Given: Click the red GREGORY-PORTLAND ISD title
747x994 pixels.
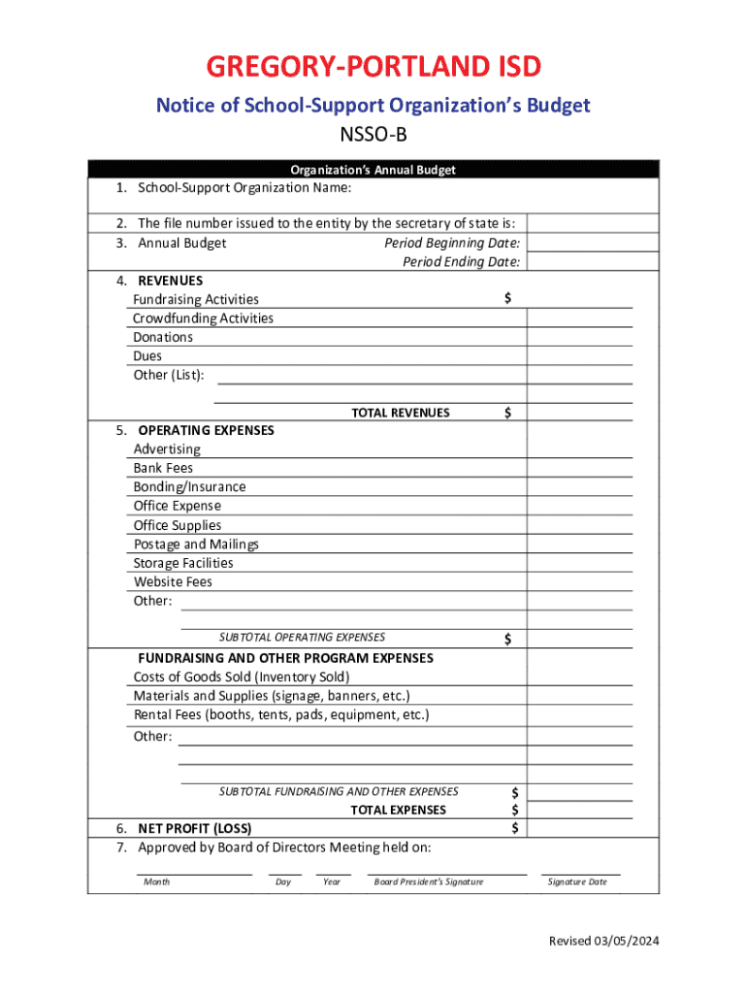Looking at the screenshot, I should pos(373,68).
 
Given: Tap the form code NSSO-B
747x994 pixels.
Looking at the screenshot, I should pos(373,135).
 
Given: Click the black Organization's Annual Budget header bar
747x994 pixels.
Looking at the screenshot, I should pos(373,170).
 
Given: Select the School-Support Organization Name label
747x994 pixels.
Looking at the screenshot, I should pos(244,187).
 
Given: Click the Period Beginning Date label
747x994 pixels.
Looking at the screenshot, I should pos(452,243).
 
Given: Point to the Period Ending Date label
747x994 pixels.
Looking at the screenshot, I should pos(461,262).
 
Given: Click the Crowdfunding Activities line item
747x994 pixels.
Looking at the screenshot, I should pos(203,318).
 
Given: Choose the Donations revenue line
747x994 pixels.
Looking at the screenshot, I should pos(163,337).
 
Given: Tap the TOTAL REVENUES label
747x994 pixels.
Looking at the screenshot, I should pos(400,413).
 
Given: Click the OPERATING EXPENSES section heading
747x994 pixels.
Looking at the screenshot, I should pos(206,430).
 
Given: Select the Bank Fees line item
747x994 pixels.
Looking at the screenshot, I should pos(163,468).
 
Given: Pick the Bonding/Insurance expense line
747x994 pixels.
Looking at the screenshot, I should pos(189,486).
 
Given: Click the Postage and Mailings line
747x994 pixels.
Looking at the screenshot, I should pos(196,544).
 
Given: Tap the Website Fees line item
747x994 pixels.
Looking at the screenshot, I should pos(173,581).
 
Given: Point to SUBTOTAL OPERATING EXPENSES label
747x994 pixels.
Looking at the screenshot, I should pos(302,638).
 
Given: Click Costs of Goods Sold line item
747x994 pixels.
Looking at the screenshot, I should pos(242,677).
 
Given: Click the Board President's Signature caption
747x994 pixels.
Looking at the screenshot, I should pos(428,881).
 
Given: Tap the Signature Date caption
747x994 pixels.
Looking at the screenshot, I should pos(577,881).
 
